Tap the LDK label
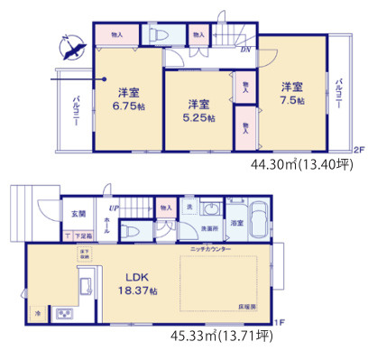click(135, 278)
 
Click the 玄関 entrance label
click(79, 215)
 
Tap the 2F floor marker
click(357, 150)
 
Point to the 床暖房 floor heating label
click(246, 309)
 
